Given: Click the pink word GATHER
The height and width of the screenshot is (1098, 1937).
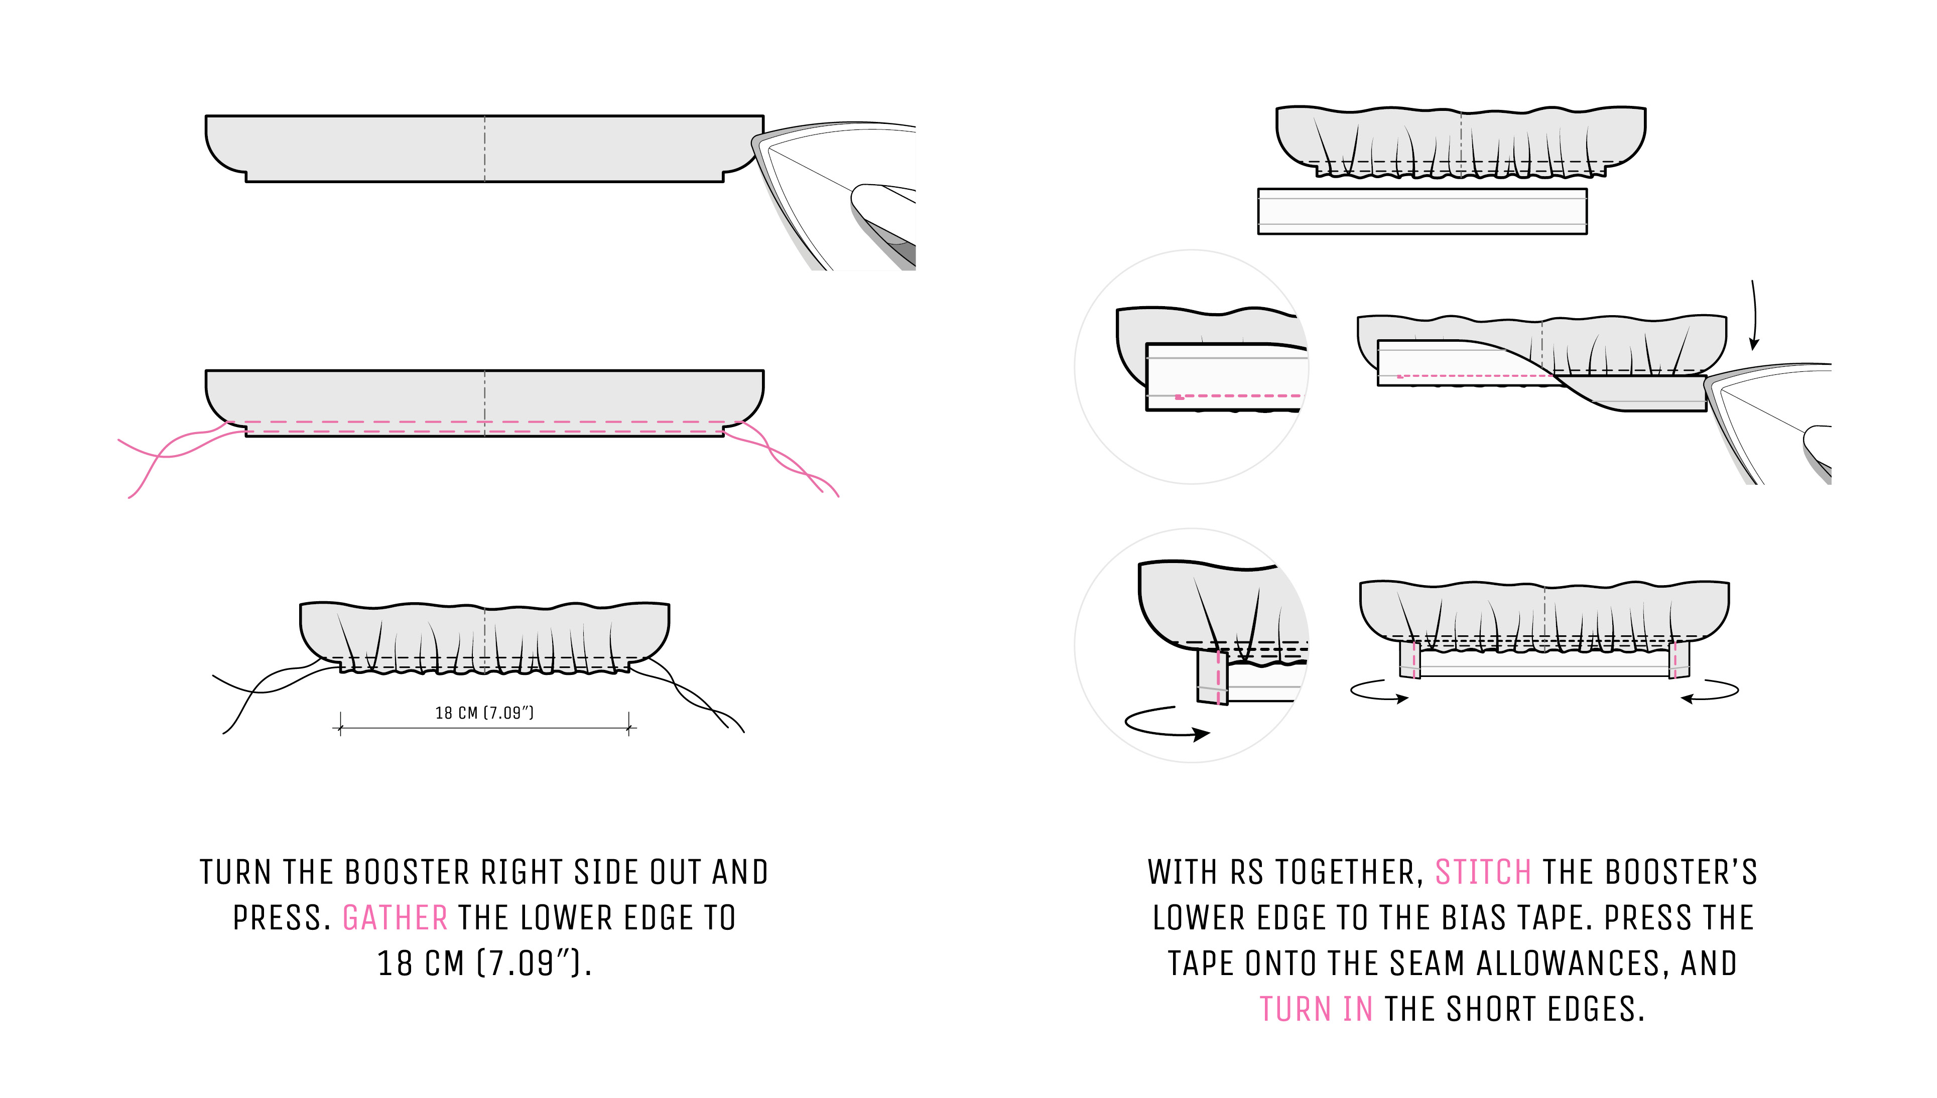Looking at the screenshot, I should (395, 918).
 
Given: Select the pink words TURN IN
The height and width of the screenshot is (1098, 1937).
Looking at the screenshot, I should (1316, 1009).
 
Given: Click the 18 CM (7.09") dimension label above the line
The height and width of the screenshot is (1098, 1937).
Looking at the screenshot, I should (484, 713).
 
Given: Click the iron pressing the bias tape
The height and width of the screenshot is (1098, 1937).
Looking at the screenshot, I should (1772, 423).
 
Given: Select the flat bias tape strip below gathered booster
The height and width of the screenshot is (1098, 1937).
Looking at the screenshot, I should (1422, 211).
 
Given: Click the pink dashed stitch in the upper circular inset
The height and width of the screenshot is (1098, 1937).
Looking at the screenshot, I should (1237, 395).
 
